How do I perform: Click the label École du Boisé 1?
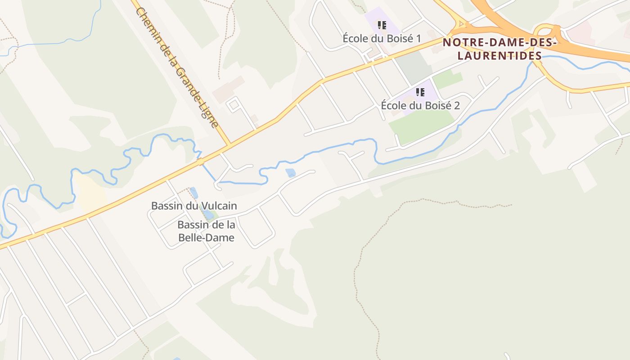(382, 38)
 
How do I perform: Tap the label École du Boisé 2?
(420, 105)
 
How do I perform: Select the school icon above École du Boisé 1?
(382, 25)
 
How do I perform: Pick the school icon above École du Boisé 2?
(420, 93)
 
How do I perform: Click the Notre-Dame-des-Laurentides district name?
(499, 49)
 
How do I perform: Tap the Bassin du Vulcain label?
(194, 206)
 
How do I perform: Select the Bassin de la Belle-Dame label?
(207, 231)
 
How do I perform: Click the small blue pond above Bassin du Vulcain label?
(194, 193)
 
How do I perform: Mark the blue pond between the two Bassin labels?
(208, 215)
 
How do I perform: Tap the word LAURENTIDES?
(499, 56)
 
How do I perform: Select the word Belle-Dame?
(207, 238)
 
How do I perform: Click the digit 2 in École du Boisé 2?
(457, 105)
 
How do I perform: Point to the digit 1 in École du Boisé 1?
(418, 38)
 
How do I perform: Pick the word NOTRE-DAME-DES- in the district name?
(499, 43)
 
